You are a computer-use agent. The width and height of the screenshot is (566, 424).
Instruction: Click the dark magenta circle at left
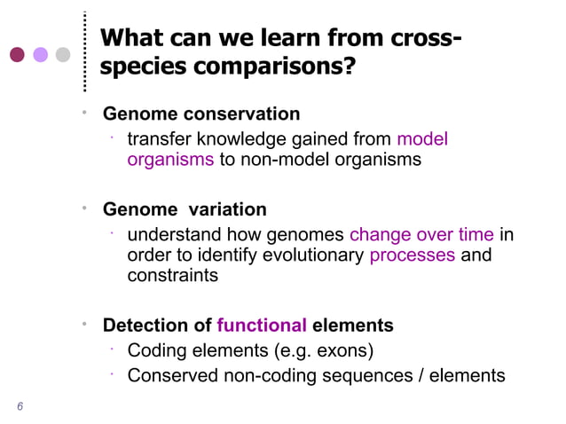[17, 54]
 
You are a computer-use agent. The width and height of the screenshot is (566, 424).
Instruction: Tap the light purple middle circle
[40, 54]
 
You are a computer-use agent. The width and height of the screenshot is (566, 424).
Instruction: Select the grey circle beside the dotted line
[63, 54]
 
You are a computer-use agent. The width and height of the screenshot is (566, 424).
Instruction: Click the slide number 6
[20, 407]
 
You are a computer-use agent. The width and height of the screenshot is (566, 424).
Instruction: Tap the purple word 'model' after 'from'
[422, 139]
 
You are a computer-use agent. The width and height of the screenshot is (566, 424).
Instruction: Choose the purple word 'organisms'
[170, 160]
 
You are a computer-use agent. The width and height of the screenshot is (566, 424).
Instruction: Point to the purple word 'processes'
[412, 255]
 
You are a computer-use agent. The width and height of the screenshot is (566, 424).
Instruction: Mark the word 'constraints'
[173, 276]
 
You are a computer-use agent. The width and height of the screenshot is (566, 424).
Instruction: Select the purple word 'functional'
[262, 326]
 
